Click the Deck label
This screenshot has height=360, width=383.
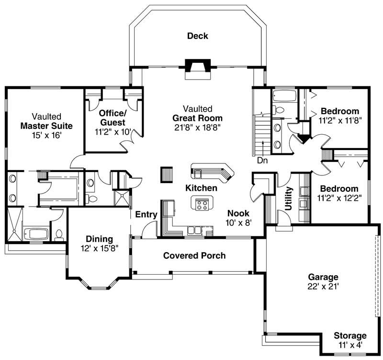(x=198, y=36)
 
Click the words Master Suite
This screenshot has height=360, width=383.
(x=46, y=126)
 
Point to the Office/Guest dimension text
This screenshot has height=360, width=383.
(x=113, y=131)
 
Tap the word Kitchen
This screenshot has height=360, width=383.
(x=202, y=188)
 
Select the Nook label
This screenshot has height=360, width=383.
(x=238, y=213)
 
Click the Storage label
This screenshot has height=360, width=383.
(x=350, y=336)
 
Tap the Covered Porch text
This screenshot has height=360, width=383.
(x=194, y=255)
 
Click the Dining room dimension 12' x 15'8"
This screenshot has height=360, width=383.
(x=99, y=248)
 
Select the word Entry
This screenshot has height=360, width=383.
(x=146, y=214)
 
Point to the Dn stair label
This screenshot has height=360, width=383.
(x=262, y=161)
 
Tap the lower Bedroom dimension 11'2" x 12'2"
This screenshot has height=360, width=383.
(x=339, y=197)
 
